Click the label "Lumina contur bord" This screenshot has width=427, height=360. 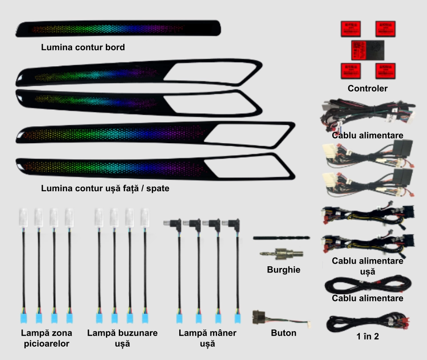point(83,48)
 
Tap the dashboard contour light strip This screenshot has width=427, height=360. point(118,28)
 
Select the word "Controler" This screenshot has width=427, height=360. point(367,88)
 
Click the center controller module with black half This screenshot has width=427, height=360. point(368,50)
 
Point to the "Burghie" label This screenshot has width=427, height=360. point(283,270)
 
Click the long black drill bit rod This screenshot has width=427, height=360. point(281,238)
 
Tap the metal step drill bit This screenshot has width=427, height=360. point(281,254)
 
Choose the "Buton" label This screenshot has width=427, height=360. point(283,333)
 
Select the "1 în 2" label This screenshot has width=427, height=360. point(368,336)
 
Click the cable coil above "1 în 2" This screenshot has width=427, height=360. point(368,323)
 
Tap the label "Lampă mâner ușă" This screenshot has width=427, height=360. point(208,338)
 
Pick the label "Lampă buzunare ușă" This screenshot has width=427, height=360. point(122,338)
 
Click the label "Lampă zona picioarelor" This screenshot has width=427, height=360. point(47,338)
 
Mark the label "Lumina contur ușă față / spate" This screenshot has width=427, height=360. point(105,188)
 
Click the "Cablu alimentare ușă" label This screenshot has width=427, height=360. point(368,266)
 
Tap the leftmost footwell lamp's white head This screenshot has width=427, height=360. point(24,218)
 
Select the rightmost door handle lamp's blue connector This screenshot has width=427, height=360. point(238,318)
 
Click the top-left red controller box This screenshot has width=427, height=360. point(351,29)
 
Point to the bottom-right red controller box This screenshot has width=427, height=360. point(385,71)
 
